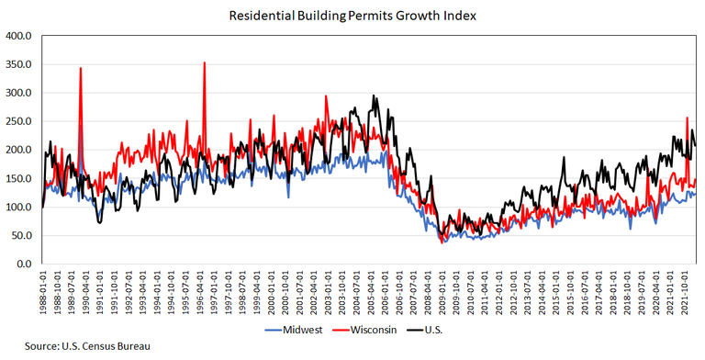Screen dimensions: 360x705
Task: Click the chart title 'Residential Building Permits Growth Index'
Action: pyautogui.click(x=352, y=15)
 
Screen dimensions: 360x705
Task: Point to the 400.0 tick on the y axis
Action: pyautogui.click(x=19, y=37)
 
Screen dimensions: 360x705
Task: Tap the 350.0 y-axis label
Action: pyautogui.click(x=19, y=65)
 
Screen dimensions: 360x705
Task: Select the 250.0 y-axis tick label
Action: pyautogui.click(x=19, y=122)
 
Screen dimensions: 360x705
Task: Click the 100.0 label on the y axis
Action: pyautogui.click(x=19, y=208)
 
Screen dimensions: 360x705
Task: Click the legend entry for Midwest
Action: pyautogui.click(x=294, y=329)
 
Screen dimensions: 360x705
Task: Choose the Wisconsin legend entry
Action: pyautogui.click(x=370, y=329)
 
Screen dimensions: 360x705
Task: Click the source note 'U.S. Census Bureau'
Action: pyautogui.click(x=64, y=347)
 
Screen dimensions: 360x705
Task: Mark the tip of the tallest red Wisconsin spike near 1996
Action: pyautogui.click(x=204, y=63)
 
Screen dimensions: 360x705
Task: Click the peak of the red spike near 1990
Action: pyautogui.click(x=81, y=69)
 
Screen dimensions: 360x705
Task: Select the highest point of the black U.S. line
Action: pyautogui.click(x=373, y=96)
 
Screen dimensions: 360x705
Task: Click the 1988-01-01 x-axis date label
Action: pyautogui.click(x=43, y=293)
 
